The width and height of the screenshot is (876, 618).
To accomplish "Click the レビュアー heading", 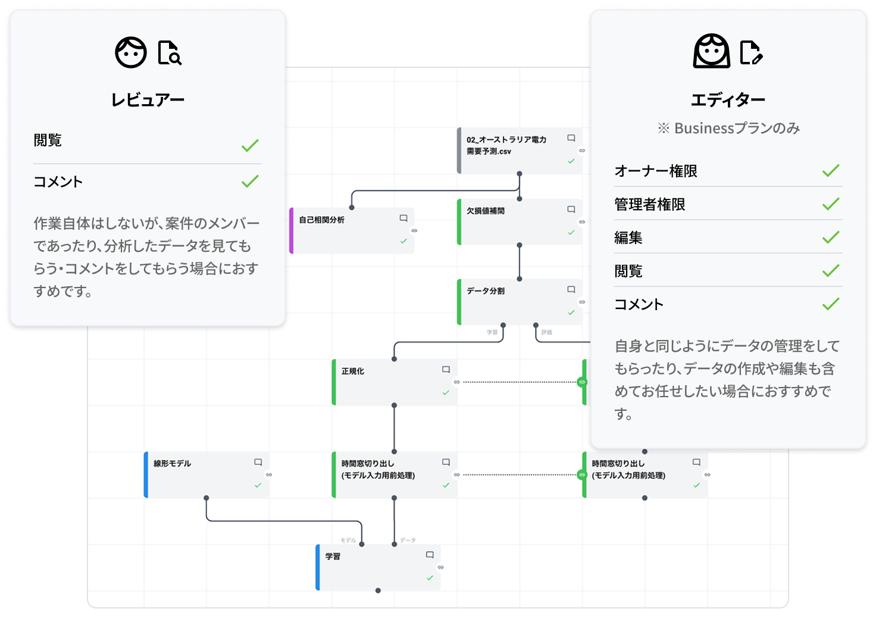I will (x=148, y=100).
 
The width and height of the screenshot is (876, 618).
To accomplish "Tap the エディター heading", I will (x=728, y=100).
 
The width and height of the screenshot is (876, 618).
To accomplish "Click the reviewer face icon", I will (x=131, y=52).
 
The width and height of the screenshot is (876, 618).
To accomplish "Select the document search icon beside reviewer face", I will (x=170, y=52).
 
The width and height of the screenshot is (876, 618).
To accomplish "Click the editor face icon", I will (x=711, y=51).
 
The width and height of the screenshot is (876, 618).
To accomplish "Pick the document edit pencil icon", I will (x=751, y=52).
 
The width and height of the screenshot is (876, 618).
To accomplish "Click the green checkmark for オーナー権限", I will (x=831, y=171).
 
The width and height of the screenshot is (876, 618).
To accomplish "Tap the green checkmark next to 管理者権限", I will (x=831, y=204).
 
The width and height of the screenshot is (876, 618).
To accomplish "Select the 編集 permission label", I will (x=628, y=238).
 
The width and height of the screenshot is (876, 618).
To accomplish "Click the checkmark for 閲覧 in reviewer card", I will (x=250, y=145).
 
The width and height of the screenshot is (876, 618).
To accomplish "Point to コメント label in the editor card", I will (x=639, y=304).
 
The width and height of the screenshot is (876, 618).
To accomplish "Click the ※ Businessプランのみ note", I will (x=728, y=128).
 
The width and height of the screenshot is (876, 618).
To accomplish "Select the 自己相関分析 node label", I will (x=321, y=220).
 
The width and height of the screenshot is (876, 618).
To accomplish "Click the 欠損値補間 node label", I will (x=486, y=211).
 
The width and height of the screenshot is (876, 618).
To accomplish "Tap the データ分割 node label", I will (x=486, y=291).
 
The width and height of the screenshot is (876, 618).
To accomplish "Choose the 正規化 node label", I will (x=353, y=371).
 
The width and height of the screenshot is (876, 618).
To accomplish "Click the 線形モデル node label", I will (x=173, y=463).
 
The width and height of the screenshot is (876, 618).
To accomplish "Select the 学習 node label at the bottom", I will (x=333, y=556).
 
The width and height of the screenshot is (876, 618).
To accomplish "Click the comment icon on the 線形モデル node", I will (x=258, y=462).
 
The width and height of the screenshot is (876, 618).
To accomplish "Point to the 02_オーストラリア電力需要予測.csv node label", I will (x=506, y=145).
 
